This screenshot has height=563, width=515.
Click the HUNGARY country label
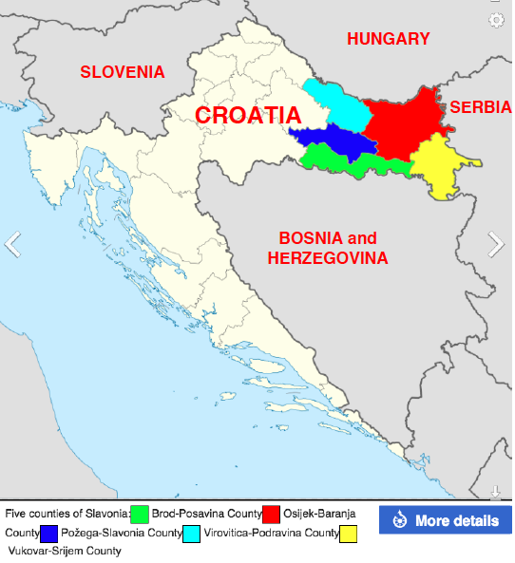[388, 39]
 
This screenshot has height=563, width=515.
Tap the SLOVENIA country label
[122, 72]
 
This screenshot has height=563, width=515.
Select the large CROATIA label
[248, 116]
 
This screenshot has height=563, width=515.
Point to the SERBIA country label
[479, 107]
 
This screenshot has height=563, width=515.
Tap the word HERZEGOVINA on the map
[327, 258]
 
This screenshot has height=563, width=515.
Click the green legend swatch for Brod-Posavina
[141, 515]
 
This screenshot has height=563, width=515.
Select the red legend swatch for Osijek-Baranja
[272, 515]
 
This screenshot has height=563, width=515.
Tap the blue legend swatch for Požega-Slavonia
[49, 534]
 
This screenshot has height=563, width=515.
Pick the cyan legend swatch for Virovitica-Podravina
[192, 534]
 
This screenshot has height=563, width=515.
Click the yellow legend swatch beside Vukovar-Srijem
[349, 534]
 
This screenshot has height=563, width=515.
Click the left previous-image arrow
[12, 244]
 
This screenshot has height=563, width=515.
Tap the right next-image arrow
[496, 244]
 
